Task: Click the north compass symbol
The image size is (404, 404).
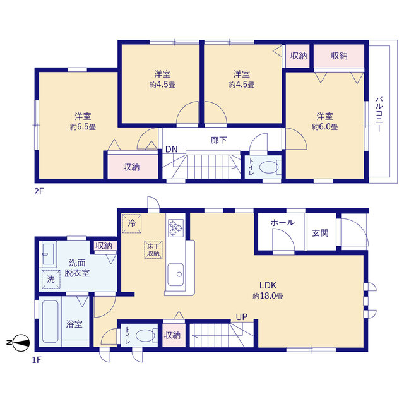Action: coord(21,343)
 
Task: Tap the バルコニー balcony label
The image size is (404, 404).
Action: coord(379,114)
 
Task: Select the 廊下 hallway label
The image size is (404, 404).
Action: coord(218,140)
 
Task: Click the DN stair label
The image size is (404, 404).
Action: coord(172,149)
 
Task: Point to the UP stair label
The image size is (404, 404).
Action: coord(242,317)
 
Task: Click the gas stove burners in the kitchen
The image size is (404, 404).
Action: coord(175,228)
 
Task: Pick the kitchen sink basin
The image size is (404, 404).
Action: coord(175,274)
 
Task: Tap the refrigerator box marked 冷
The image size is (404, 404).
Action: coord(132,223)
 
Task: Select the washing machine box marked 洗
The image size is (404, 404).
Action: coord(50,279)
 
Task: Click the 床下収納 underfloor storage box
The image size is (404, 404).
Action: coord(153,249)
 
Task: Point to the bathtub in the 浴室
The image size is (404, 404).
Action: coord(50,321)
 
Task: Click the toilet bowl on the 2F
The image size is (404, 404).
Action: coord(269,167)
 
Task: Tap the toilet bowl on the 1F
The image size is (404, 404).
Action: coord(145,335)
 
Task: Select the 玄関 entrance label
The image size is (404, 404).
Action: coord(320,233)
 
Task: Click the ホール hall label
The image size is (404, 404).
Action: coord(282,222)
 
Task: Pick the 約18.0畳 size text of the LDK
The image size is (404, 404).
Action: coord(268,296)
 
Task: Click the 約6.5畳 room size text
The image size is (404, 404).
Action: coord(83,127)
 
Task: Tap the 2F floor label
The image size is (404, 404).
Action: coord(39,191)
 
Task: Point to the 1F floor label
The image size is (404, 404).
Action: coord(37,360)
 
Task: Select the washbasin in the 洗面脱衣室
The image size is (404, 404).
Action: coord(48,254)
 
